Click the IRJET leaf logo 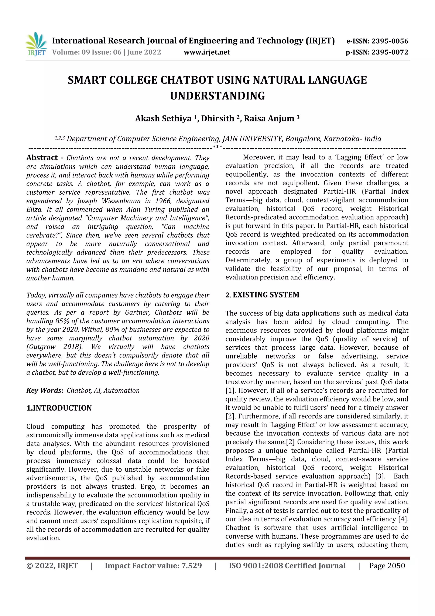36,44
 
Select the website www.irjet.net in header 207,52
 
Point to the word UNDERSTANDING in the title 217,96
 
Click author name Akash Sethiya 163,118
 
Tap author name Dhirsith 218,118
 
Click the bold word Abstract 42,158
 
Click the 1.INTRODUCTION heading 59,408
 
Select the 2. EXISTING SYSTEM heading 262,295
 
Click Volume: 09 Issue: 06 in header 87,52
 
